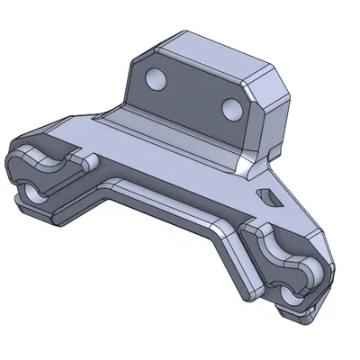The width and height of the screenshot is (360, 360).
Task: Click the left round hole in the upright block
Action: click(154, 79)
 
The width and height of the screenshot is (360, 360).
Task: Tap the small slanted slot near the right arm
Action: click(268, 193)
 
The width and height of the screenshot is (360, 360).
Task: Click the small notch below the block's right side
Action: click(246, 166)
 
